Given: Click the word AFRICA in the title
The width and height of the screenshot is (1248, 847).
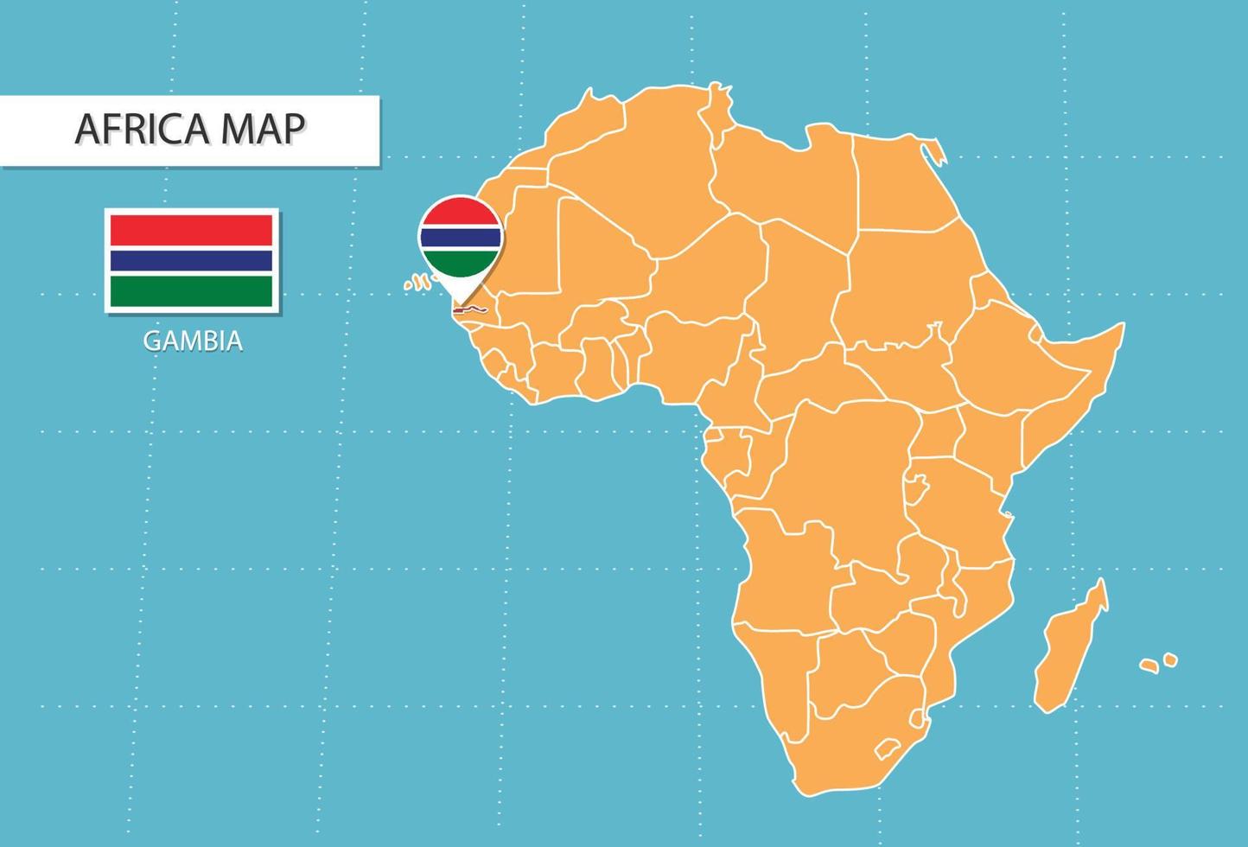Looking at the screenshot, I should click(x=143, y=129).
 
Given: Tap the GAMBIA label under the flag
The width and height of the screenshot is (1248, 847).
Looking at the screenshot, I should click(x=193, y=341).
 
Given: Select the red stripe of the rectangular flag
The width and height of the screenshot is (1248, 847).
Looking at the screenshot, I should click(x=192, y=231).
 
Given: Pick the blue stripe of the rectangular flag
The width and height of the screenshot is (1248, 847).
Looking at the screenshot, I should click(x=192, y=260).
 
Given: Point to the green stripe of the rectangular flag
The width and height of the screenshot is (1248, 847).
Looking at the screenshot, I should click(x=192, y=290).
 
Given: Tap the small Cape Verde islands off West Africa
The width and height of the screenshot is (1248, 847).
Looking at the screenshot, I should click(x=418, y=282).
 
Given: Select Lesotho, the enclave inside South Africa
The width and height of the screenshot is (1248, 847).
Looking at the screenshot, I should click(x=887, y=747).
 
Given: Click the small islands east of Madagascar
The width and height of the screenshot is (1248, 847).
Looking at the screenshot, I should click(x=1158, y=664).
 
